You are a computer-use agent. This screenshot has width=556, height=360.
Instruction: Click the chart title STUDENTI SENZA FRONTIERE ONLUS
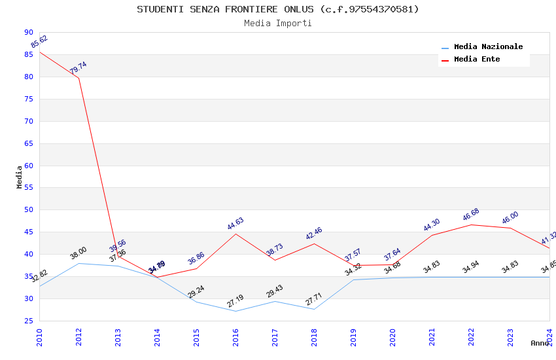(277, 9)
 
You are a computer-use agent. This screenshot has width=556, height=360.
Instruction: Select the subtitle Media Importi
(277, 23)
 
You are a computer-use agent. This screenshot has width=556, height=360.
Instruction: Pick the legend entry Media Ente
(477, 60)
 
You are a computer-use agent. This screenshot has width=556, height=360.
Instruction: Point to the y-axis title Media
(19, 177)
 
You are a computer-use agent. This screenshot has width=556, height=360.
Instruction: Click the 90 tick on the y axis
(28, 32)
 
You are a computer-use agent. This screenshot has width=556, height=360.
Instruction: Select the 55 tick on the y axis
(28, 188)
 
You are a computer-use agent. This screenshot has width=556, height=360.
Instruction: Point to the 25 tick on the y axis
(28, 321)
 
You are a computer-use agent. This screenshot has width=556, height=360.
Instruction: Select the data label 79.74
(78, 68)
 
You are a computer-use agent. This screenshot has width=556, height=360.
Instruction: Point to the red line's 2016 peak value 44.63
(235, 224)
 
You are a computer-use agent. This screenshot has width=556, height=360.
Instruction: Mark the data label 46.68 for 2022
(471, 215)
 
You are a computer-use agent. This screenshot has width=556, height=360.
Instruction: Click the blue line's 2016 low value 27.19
(235, 301)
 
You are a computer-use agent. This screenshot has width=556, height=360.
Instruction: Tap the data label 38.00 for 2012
(78, 253)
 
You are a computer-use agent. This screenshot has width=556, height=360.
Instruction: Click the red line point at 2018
(314, 243)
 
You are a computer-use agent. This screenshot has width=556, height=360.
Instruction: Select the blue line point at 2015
(196, 302)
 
